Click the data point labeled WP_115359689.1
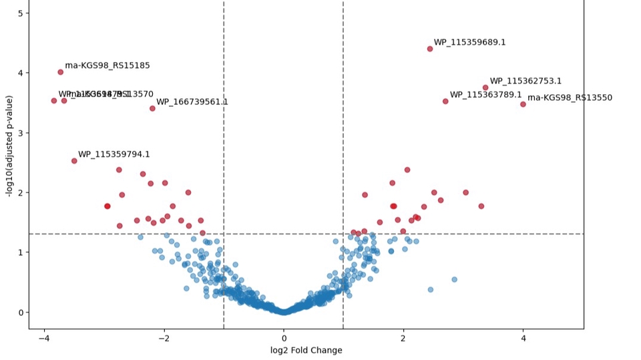coord(429,49)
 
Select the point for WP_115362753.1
coord(485,87)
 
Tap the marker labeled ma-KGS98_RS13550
coord(523,104)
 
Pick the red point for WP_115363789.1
coord(445,102)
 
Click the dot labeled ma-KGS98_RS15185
coord(60,72)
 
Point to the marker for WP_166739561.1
coord(152,108)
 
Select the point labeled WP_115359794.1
coord(74,161)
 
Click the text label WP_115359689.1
coord(469,42)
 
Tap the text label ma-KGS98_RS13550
coord(570,98)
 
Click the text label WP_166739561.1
coord(192,102)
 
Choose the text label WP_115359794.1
coord(114,154)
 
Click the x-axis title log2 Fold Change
coord(306,350)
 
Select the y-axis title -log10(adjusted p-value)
coord(9,146)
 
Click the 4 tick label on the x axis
coord(523,337)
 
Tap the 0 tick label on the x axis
coord(284,337)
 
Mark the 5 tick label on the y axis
coord(21,13)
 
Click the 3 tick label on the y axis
coord(21,133)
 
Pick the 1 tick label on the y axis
coord(21,252)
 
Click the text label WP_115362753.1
coord(525,81)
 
